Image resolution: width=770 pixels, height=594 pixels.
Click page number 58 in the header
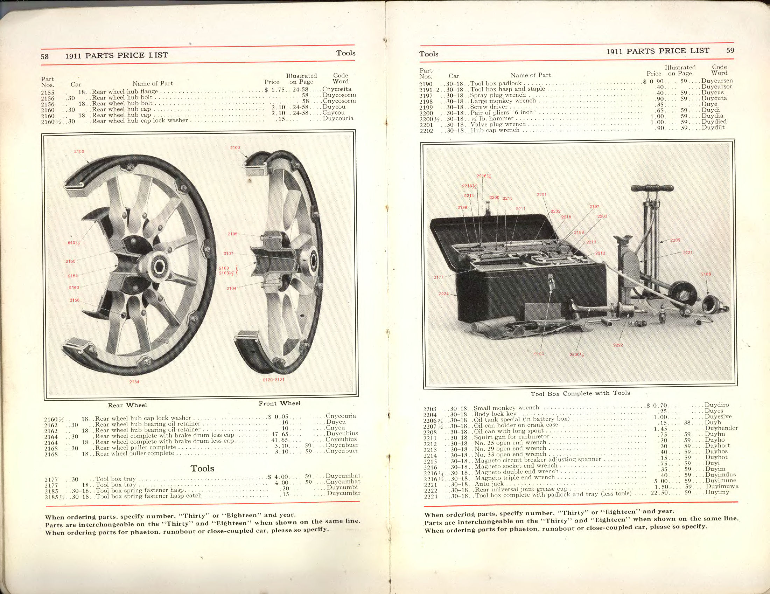[x=44, y=56]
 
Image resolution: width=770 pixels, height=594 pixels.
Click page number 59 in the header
[x=730, y=50]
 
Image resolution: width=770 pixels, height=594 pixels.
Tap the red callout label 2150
[x=79, y=151]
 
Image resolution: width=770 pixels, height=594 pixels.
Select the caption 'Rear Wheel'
[x=127, y=405]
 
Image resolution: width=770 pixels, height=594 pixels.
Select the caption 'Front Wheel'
[x=279, y=403]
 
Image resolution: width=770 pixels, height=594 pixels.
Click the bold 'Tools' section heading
[x=202, y=468]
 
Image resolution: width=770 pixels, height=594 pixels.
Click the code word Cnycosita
[x=337, y=89]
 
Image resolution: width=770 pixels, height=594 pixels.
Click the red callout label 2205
[x=675, y=240]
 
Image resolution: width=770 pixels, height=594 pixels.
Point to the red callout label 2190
[x=539, y=354]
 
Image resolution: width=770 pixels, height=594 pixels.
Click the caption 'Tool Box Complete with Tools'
[x=580, y=393]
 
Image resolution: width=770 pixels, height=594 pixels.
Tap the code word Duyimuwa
[x=722, y=486]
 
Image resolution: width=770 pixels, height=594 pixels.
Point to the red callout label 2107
[x=229, y=253]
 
